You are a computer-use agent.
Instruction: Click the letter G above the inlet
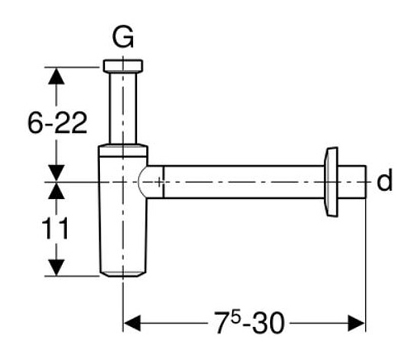click(123, 37)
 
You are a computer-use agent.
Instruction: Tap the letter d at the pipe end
click(384, 180)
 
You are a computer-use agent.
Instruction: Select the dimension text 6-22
click(57, 123)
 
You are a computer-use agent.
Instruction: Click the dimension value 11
click(55, 228)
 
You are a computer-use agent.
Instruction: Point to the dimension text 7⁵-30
click(249, 323)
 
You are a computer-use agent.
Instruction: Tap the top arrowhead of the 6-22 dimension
click(56, 76)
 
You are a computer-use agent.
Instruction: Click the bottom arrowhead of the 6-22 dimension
click(56, 173)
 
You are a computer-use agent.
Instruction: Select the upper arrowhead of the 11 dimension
click(56, 191)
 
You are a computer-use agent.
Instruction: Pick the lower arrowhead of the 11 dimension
click(56, 268)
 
